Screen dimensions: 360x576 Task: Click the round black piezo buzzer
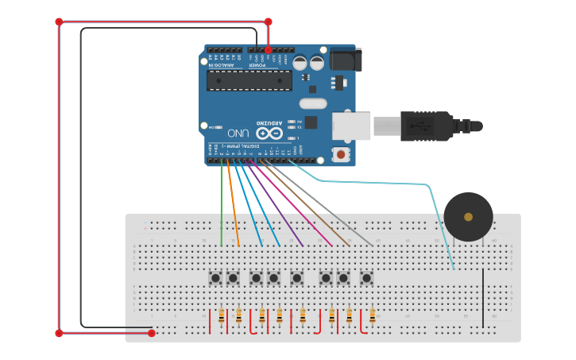click(x=468, y=216)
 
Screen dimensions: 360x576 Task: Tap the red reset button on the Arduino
click(x=341, y=154)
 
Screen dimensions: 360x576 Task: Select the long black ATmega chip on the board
click(x=249, y=79)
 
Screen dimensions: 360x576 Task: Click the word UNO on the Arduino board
click(x=238, y=133)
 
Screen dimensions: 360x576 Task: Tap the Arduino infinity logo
click(x=262, y=134)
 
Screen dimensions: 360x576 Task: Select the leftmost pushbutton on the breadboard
click(x=215, y=278)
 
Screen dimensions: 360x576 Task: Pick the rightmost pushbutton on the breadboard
click(x=366, y=278)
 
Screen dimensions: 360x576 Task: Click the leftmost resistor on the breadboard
click(x=222, y=316)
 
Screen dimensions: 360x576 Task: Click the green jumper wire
click(x=222, y=207)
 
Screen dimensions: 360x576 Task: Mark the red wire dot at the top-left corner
click(x=59, y=21)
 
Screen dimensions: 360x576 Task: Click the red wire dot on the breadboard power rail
click(x=152, y=333)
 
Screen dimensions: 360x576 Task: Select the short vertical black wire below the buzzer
click(x=482, y=298)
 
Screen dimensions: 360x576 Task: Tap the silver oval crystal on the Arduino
click(x=313, y=103)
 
